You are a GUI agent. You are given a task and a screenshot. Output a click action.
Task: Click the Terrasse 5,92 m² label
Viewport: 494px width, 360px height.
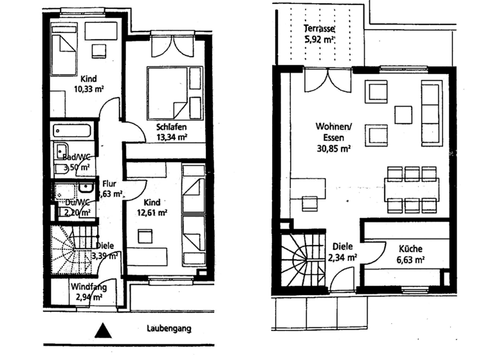click(x=320, y=33)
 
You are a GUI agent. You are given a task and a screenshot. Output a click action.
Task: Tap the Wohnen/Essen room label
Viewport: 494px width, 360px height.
click(x=333, y=136)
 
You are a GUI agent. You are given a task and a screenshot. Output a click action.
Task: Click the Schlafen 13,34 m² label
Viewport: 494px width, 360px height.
click(x=171, y=131)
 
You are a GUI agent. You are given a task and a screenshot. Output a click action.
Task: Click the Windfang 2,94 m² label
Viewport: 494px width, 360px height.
click(x=88, y=292)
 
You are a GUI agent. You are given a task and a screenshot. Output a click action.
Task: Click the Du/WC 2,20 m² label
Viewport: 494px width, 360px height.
click(x=77, y=206)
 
